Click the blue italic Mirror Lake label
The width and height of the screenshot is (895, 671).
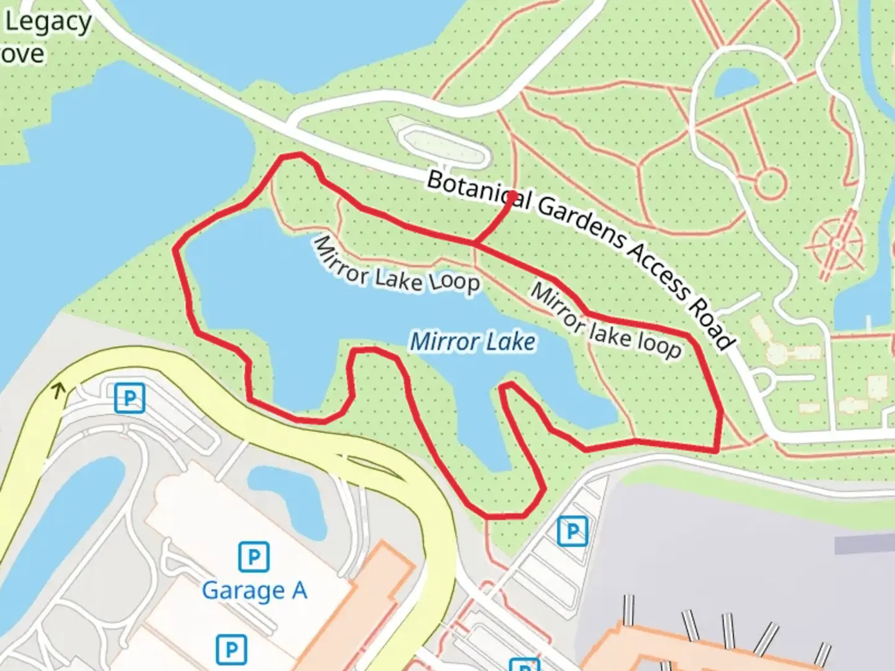pyautogui.click(x=472, y=342)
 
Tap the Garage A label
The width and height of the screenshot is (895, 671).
pyautogui.click(x=254, y=590)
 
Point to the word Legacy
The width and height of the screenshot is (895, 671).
pyautogui.click(x=48, y=22)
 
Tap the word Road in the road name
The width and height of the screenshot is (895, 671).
pyautogui.click(x=714, y=326)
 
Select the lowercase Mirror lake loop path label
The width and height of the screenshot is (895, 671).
pyautogui.click(x=605, y=322)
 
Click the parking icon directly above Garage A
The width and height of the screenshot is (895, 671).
pyautogui.click(x=254, y=557)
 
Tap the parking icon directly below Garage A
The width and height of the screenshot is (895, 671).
pyautogui.click(x=231, y=650)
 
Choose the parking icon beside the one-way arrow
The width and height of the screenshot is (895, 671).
pyautogui.click(x=129, y=398)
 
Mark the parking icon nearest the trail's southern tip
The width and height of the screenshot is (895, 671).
pyautogui.click(x=572, y=531)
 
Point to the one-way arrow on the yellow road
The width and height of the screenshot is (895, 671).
pyautogui.click(x=58, y=391)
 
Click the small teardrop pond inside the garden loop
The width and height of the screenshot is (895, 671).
pyautogui.click(x=735, y=81)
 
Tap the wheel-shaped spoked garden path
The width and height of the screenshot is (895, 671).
pyautogui.click(x=837, y=244)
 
